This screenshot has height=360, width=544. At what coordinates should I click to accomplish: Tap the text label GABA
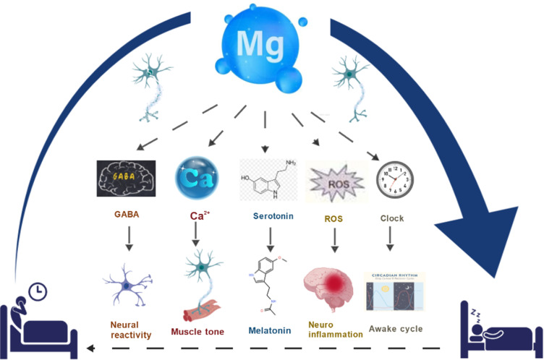(x=126, y=215)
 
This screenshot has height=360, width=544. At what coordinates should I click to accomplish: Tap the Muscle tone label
(x=197, y=332)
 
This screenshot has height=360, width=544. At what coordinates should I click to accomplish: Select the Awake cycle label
(x=396, y=329)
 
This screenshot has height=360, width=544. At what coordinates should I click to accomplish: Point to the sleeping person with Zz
(x=498, y=325)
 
